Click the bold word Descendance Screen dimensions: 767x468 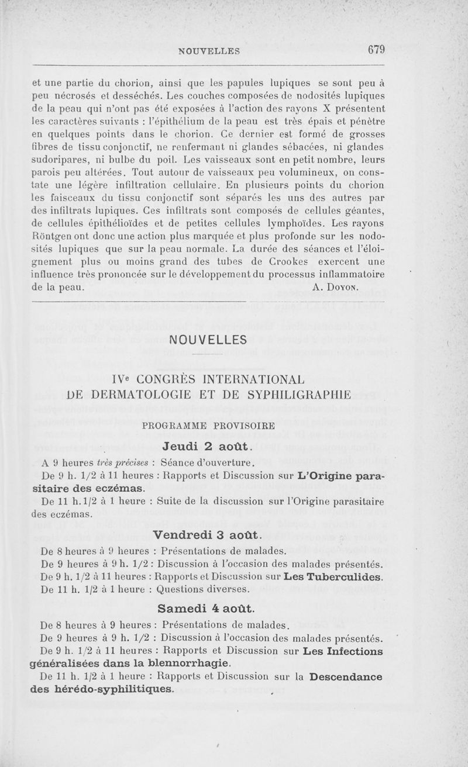point(346,677)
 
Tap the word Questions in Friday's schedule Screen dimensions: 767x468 point(183,590)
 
